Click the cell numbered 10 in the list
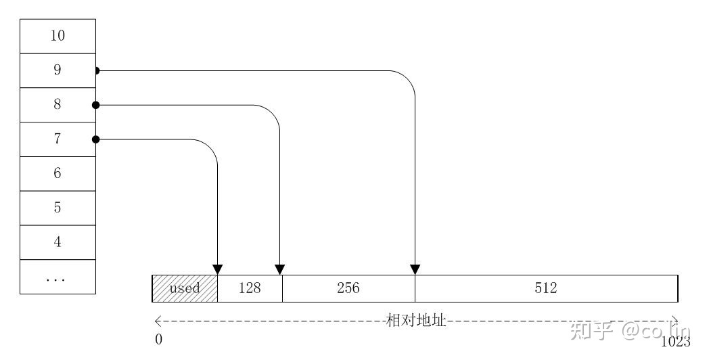point(58,36)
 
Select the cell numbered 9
point(58,70)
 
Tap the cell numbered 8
point(58,105)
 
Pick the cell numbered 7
point(58,139)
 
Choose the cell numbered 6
point(58,174)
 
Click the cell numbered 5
point(58,208)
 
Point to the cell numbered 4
point(58,242)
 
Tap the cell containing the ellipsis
point(58,277)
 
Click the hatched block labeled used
point(185,288)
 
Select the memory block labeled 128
point(250,288)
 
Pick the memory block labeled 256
point(348,288)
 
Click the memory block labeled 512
point(546,288)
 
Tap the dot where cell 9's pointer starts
point(97,70)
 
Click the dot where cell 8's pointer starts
point(96,105)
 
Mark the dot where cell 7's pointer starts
point(96,139)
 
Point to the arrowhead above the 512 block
point(415,269)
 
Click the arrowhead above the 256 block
point(280,269)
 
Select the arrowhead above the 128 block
point(217,269)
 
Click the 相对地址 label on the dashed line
point(415,321)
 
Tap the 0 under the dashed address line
point(158,340)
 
